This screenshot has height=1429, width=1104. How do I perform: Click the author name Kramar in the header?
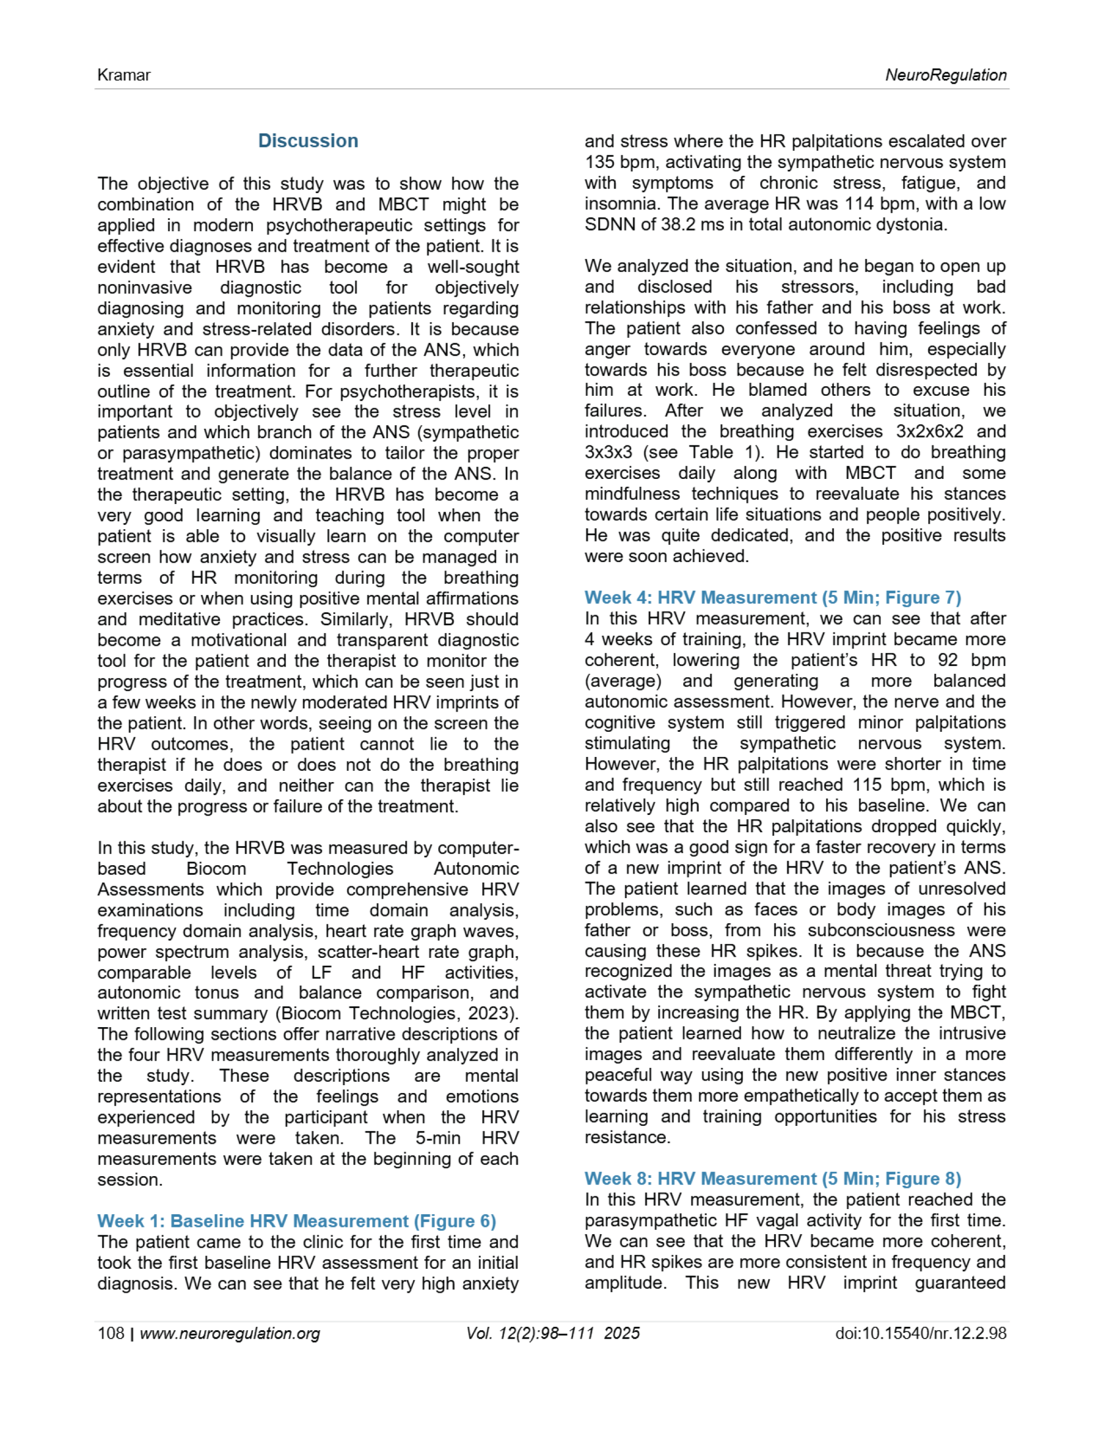coord(124,75)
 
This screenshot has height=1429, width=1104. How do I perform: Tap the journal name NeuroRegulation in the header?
coord(945,75)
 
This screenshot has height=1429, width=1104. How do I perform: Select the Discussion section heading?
coord(308,141)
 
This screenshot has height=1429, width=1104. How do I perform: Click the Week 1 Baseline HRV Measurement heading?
coord(296,1221)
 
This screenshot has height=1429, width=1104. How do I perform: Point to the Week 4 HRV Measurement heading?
coord(772,597)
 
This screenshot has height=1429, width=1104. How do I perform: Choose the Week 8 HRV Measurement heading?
coord(772,1178)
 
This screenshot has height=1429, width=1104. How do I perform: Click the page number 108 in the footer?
coord(111,1334)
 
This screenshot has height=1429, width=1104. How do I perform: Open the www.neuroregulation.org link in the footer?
coord(230,1334)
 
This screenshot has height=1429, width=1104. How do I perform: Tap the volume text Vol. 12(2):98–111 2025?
coord(553,1334)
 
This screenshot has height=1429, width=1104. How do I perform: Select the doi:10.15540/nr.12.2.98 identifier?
coord(920,1334)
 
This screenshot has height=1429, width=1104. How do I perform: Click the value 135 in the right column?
coord(600,162)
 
